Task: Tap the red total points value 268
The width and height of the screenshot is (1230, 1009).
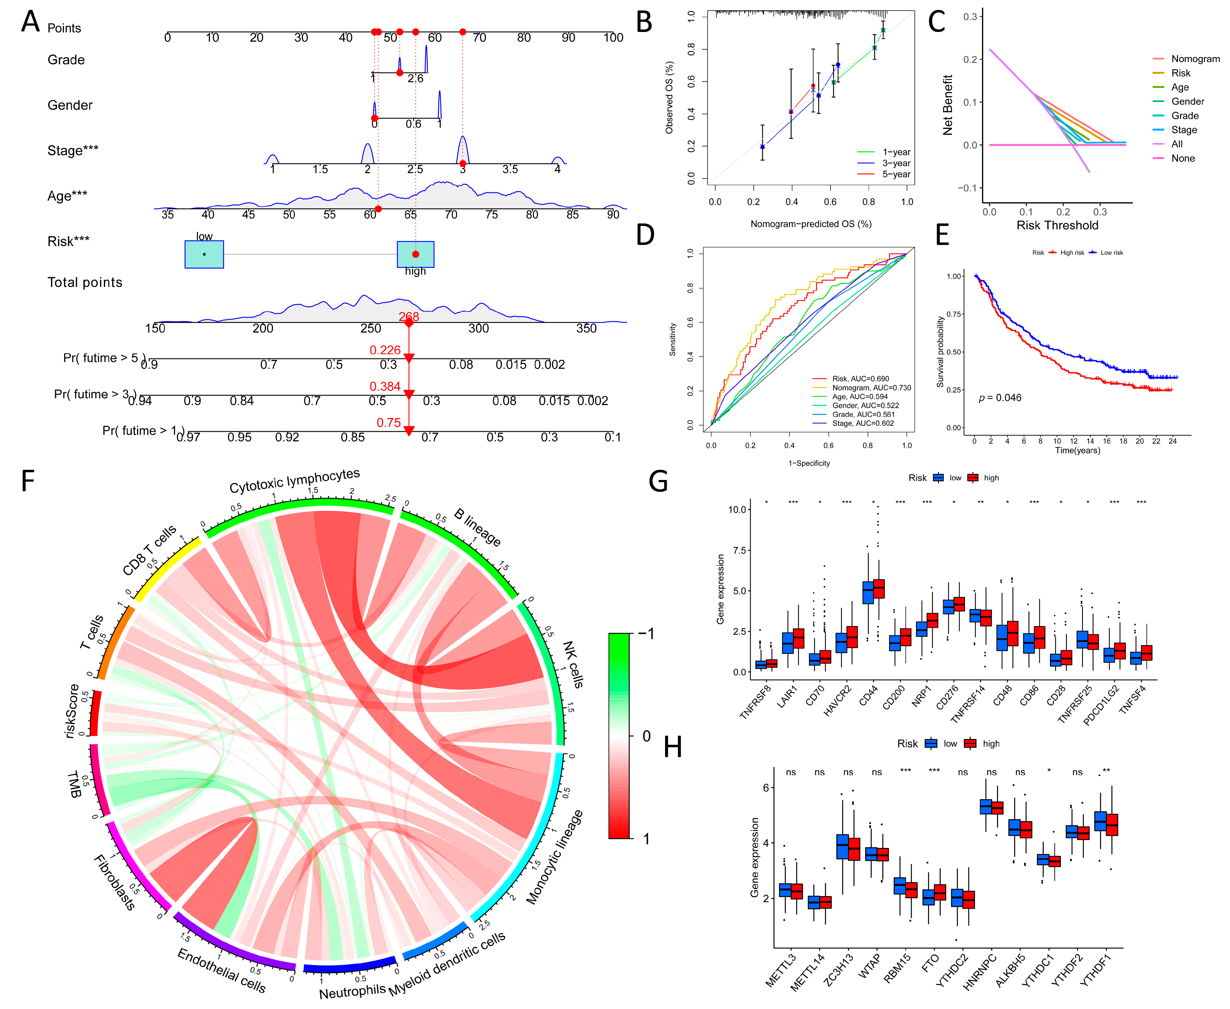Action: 409,317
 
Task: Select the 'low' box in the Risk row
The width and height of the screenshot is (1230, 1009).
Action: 204,254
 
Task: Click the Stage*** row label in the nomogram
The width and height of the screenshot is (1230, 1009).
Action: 73,150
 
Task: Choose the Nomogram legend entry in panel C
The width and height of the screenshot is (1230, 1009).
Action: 1194,59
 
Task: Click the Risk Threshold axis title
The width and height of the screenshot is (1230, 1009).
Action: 1057,225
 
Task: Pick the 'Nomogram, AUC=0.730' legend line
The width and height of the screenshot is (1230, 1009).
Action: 871,388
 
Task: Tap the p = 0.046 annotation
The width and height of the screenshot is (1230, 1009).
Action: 1000,398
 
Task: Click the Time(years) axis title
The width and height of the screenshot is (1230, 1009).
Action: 1077,450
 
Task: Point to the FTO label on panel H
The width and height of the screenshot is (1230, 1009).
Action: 930,963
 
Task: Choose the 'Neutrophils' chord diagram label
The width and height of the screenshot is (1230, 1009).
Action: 352,991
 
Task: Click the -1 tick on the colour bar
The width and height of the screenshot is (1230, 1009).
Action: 647,633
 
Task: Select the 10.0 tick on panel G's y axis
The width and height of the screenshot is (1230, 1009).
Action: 737,510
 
